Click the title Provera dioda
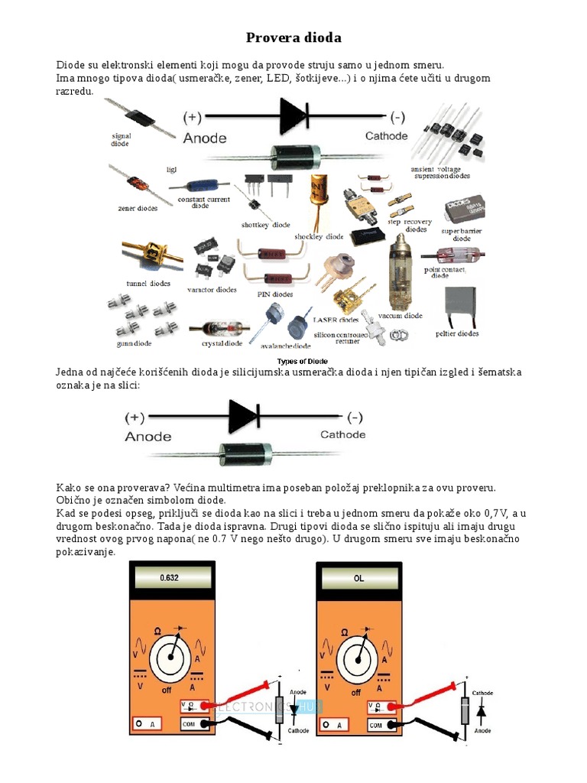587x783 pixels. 293,37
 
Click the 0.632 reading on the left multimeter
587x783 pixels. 169,578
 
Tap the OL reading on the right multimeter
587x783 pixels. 358,578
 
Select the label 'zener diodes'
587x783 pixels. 138,208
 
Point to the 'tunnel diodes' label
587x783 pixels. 148,283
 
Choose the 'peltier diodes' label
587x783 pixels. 457,333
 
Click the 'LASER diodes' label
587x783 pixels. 336,320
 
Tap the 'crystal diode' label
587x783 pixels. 222,343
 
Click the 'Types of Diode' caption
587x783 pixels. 301,361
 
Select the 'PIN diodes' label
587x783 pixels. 274,294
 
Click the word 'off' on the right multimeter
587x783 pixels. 355,692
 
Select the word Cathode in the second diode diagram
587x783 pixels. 342,434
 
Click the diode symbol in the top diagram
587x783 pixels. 293,117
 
